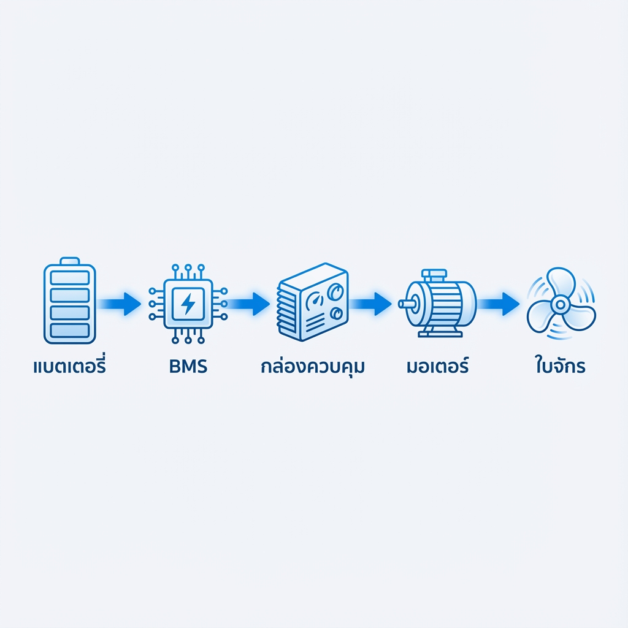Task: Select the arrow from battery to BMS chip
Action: (121, 304)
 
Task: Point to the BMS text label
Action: (187, 367)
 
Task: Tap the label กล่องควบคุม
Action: (313, 368)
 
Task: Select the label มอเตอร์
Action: (437, 367)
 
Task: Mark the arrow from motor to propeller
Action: (499, 303)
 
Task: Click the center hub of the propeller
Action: (560, 304)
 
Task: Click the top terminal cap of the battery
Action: (70, 261)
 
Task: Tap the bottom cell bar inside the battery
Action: (70, 330)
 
